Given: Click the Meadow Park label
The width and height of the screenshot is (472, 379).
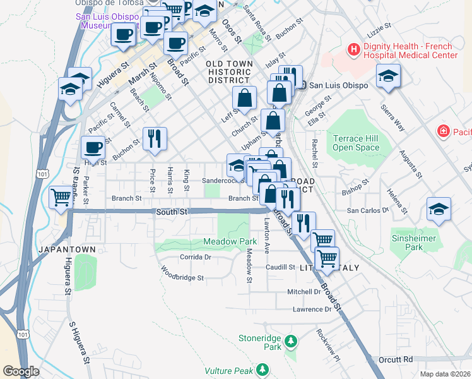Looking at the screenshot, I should pyautogui.click(x=230, y=241).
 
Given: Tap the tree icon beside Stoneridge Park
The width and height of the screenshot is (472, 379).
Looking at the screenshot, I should pyautogui.click(x=290, y=342).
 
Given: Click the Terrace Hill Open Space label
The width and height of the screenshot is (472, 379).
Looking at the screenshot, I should pyautogui.click(x=357, y=143).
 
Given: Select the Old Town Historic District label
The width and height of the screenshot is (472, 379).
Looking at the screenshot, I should pyautogui.click(x=230, y=72).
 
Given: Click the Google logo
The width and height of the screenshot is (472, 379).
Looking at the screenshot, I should pyautogui.click(x=21, y=371).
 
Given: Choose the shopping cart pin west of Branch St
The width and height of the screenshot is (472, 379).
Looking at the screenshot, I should pyautogui.click(x=61, y=197).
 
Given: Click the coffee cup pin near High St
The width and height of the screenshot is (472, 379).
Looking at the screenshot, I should pyautogui.click(x=93, y=148).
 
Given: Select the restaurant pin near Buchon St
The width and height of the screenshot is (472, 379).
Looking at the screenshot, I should pyautogui.click(x=155, y=139).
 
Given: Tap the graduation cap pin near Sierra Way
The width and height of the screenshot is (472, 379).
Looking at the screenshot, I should pyautogui.click(x=388, y=77).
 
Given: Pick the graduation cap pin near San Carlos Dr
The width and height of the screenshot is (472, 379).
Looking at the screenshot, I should pyautogui.click(x=439, y=210).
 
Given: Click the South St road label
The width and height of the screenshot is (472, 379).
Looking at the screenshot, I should pyautogui.click(x=172, y=212).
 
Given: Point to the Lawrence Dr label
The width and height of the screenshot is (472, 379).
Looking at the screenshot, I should pyautogui.click(x=312, y=310).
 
